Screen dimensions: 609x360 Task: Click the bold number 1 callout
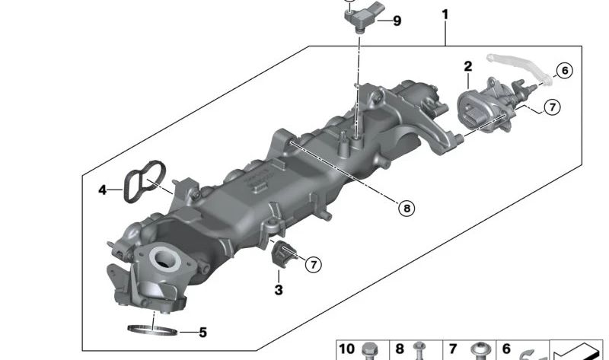pyautogui.click(x=445, y=14)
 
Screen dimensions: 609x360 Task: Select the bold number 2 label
pyautogui.click(x=468, y=66)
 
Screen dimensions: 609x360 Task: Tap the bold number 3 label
pyautogui.click(x=279, y=290)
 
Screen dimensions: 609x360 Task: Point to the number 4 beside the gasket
pyautogui.click(x=102, y=190)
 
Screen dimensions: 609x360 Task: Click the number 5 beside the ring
pyautogui.click(x=202, y=333)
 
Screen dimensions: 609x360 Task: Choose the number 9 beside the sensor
pyautogui.click(x=397, y=21)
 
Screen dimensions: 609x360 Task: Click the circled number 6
pyautogui.click(x=565, y=71)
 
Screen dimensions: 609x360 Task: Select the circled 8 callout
pyautogui.click(x=407, y=209)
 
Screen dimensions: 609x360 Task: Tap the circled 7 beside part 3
pyautogui.click(x=314, y=265)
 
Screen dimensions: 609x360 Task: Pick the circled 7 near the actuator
pyautogui.click(x=553, y=107)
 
